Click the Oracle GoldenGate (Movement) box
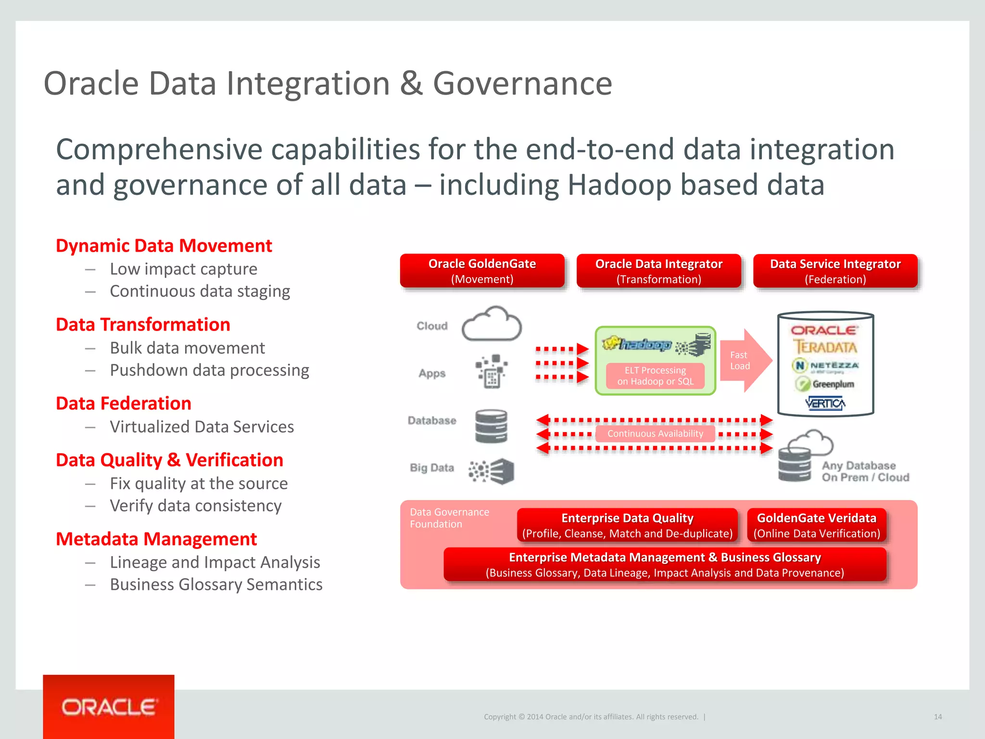482,271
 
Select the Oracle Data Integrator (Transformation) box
658,271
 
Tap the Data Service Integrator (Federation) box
835,271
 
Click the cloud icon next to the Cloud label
492,325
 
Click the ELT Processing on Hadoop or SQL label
655,376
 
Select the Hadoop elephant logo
636,344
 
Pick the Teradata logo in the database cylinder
825,347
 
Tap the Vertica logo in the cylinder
825,403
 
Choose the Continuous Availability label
655,433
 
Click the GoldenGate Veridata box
816,525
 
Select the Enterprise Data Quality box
627,525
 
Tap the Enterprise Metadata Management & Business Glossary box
665,564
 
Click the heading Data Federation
124,403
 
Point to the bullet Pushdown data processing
209,370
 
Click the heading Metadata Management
156,539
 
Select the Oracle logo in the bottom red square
109,707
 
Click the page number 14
937,716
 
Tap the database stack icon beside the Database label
491,426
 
